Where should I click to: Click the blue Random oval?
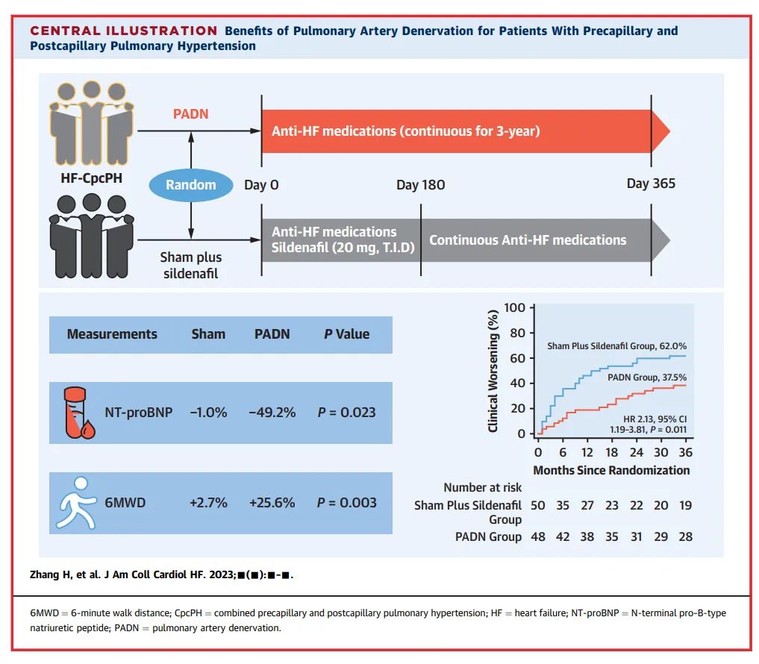[191, 185]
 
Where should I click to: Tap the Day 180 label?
[420, 185]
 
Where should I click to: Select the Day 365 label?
[651, 184]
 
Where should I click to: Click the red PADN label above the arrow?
[191, 113]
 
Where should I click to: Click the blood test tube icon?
[75, 413]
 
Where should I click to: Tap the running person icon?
[75, 502]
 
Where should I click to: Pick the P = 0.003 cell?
[346, 502]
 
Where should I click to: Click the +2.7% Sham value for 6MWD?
[208, 502]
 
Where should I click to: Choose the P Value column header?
[346, 333]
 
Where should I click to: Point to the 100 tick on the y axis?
[515, 307]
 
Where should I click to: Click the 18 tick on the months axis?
[611, 453]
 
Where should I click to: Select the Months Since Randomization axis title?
[611, 471]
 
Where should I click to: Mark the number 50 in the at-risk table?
[538, 505]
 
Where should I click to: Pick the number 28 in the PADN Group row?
[684, 537]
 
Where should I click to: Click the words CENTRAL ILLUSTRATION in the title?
[124, 31]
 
